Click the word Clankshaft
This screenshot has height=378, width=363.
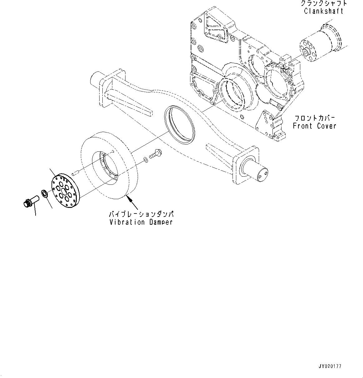click(324, 11)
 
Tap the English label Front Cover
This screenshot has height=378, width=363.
click(314, 126)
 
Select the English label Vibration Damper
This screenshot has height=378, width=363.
click(141, 222)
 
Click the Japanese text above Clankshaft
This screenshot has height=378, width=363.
click(323, 3)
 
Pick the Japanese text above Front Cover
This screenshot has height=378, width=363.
click(314, 118)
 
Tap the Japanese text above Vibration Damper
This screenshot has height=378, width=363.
click(141, 215)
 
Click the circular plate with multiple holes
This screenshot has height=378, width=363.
click(65, 189)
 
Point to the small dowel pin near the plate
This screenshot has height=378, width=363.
click(75, 173)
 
